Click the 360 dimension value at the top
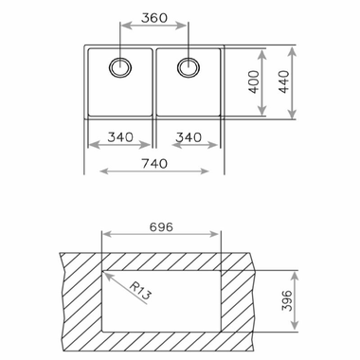[155, 18]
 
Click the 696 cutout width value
[161, 228]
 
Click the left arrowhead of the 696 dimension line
[104, 240]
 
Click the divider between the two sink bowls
[154, 84]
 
